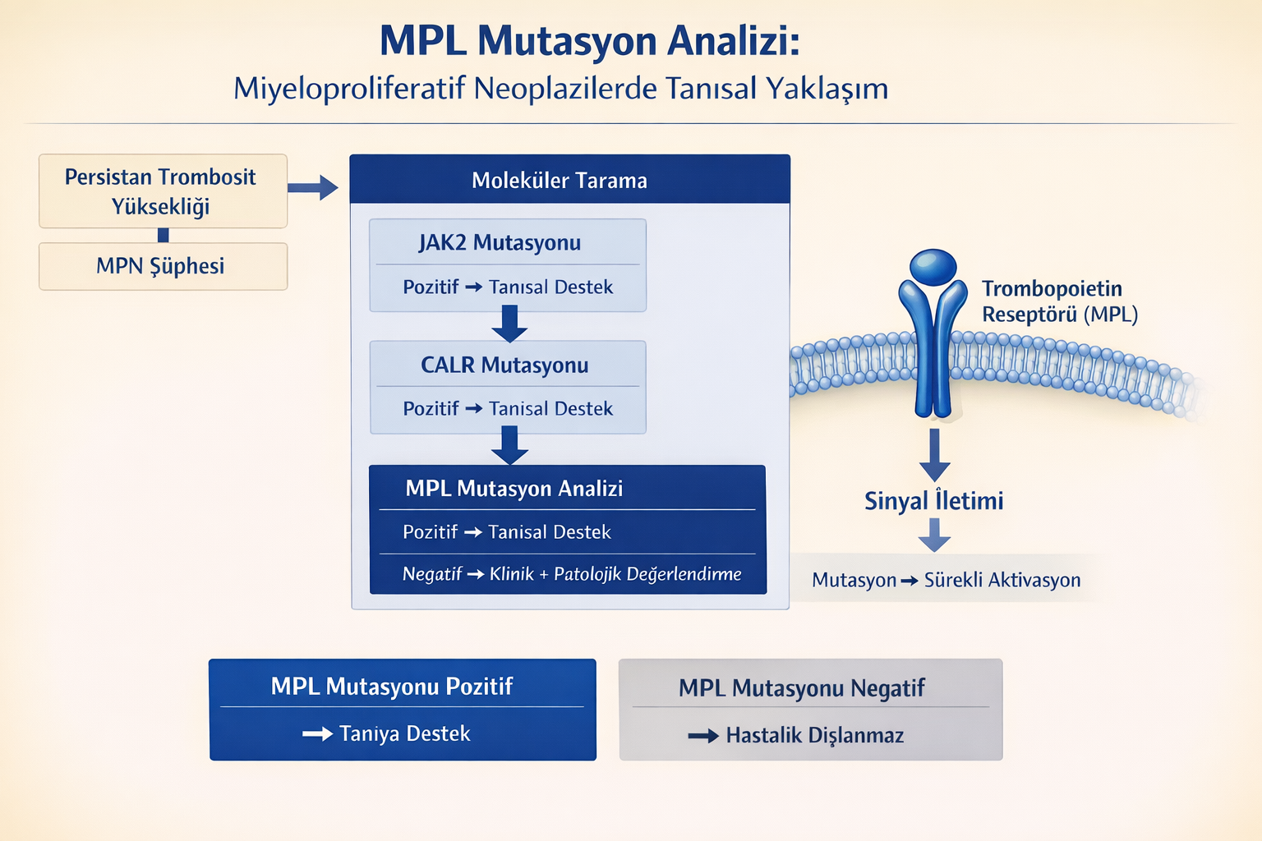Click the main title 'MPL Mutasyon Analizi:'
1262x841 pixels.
tap(589, 41)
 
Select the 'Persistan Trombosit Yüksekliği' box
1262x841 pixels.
tap(162, 191)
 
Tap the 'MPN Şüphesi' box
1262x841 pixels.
tap(162, 266)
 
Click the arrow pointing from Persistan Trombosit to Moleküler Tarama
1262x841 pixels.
tap(314, 188)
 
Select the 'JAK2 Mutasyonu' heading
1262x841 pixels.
tap(500, 243)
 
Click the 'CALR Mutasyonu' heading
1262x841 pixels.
tap(504, 365)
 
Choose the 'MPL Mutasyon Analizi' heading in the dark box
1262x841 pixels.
tap(514, 489)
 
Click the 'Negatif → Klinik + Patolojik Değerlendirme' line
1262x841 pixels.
tap(571, 574)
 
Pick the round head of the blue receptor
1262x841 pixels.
tap(933, 267)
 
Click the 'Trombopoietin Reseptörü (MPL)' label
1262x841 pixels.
tap(1058, 301)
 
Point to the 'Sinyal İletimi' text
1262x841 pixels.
tap(933, 501)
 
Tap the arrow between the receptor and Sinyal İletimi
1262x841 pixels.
tap(934, 454)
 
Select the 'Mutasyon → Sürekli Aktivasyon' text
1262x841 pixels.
tap(946, 580)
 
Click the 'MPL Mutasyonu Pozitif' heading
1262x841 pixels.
tap(392, 687)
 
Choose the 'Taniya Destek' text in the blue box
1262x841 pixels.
tap(404, 733)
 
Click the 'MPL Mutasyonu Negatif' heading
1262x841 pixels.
tap(801, 688)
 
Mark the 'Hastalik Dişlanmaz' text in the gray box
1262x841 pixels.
tap(813, 735)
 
